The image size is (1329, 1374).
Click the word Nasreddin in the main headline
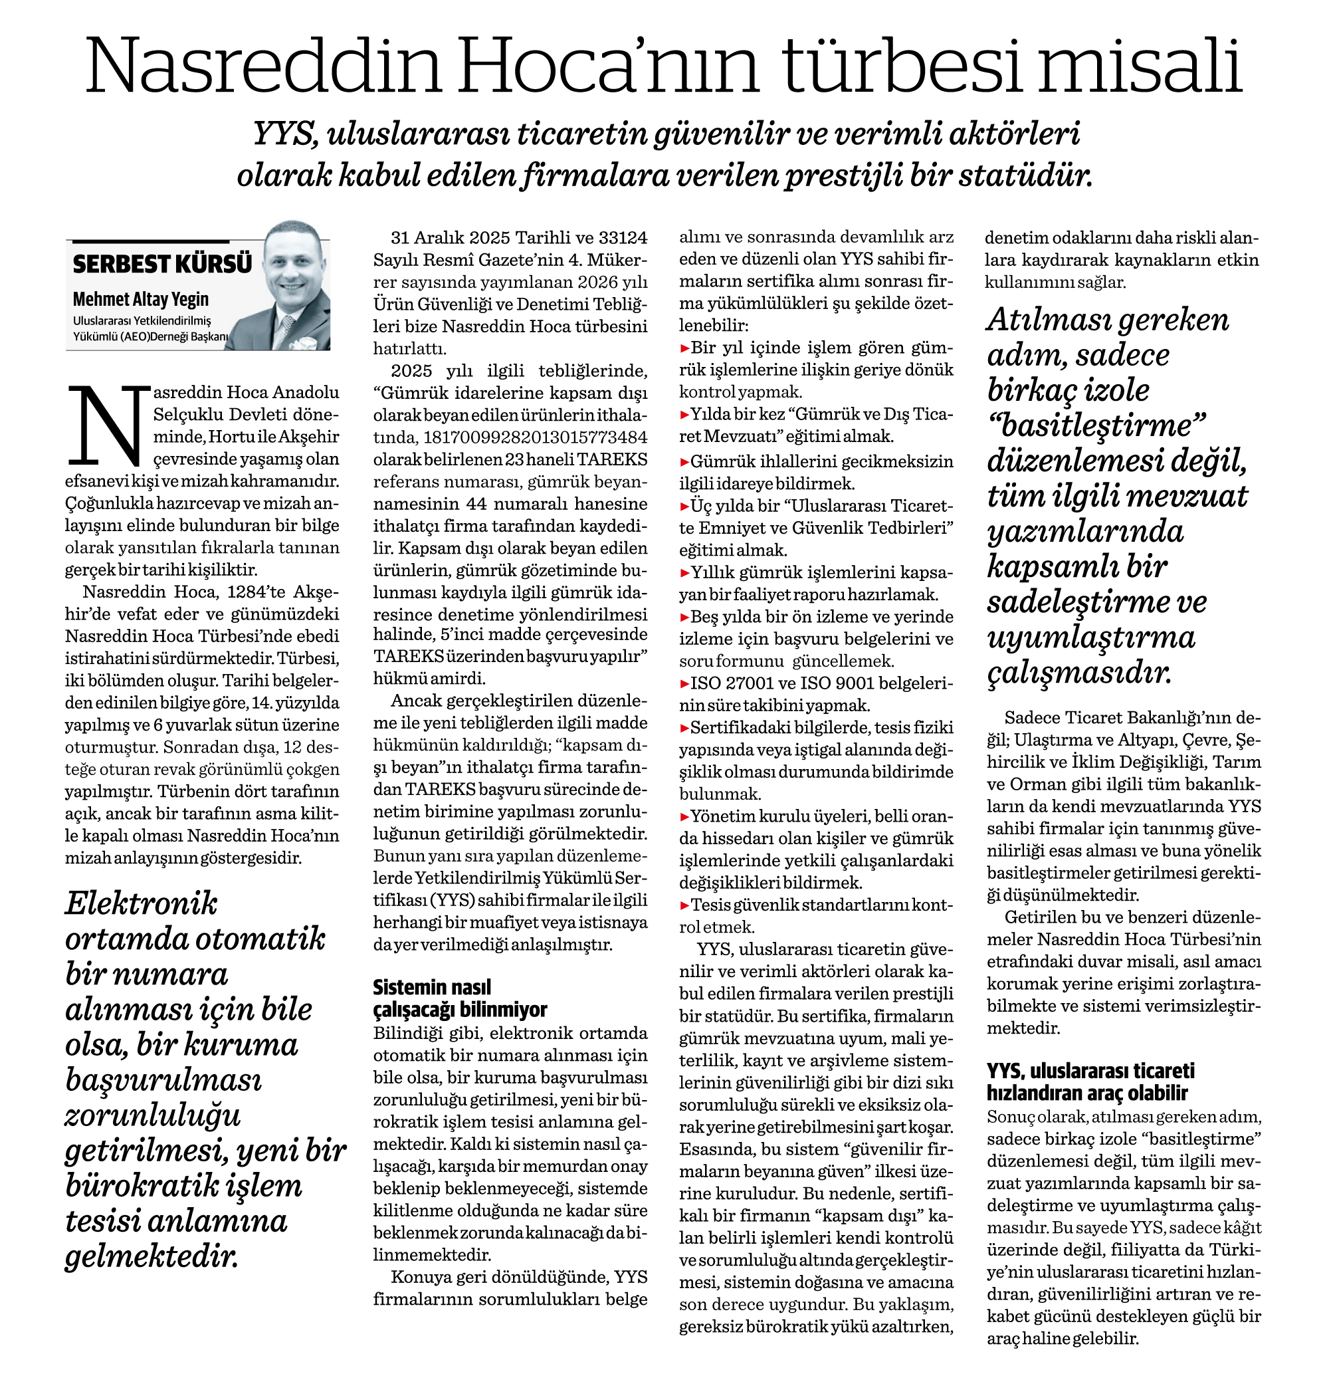click(263, 66)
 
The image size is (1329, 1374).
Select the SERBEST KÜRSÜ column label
click(162, 264)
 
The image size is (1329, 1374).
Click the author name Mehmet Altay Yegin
click(141, 299)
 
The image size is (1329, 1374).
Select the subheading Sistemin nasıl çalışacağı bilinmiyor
click(459, 998)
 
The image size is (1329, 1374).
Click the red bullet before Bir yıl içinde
click(685, 348)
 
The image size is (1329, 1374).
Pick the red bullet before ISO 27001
click(685, 683)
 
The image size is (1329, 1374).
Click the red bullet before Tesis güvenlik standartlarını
click(685, 905)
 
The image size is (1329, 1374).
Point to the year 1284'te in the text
click(257, 592)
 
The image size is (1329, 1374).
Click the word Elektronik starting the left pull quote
click(141, 903)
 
